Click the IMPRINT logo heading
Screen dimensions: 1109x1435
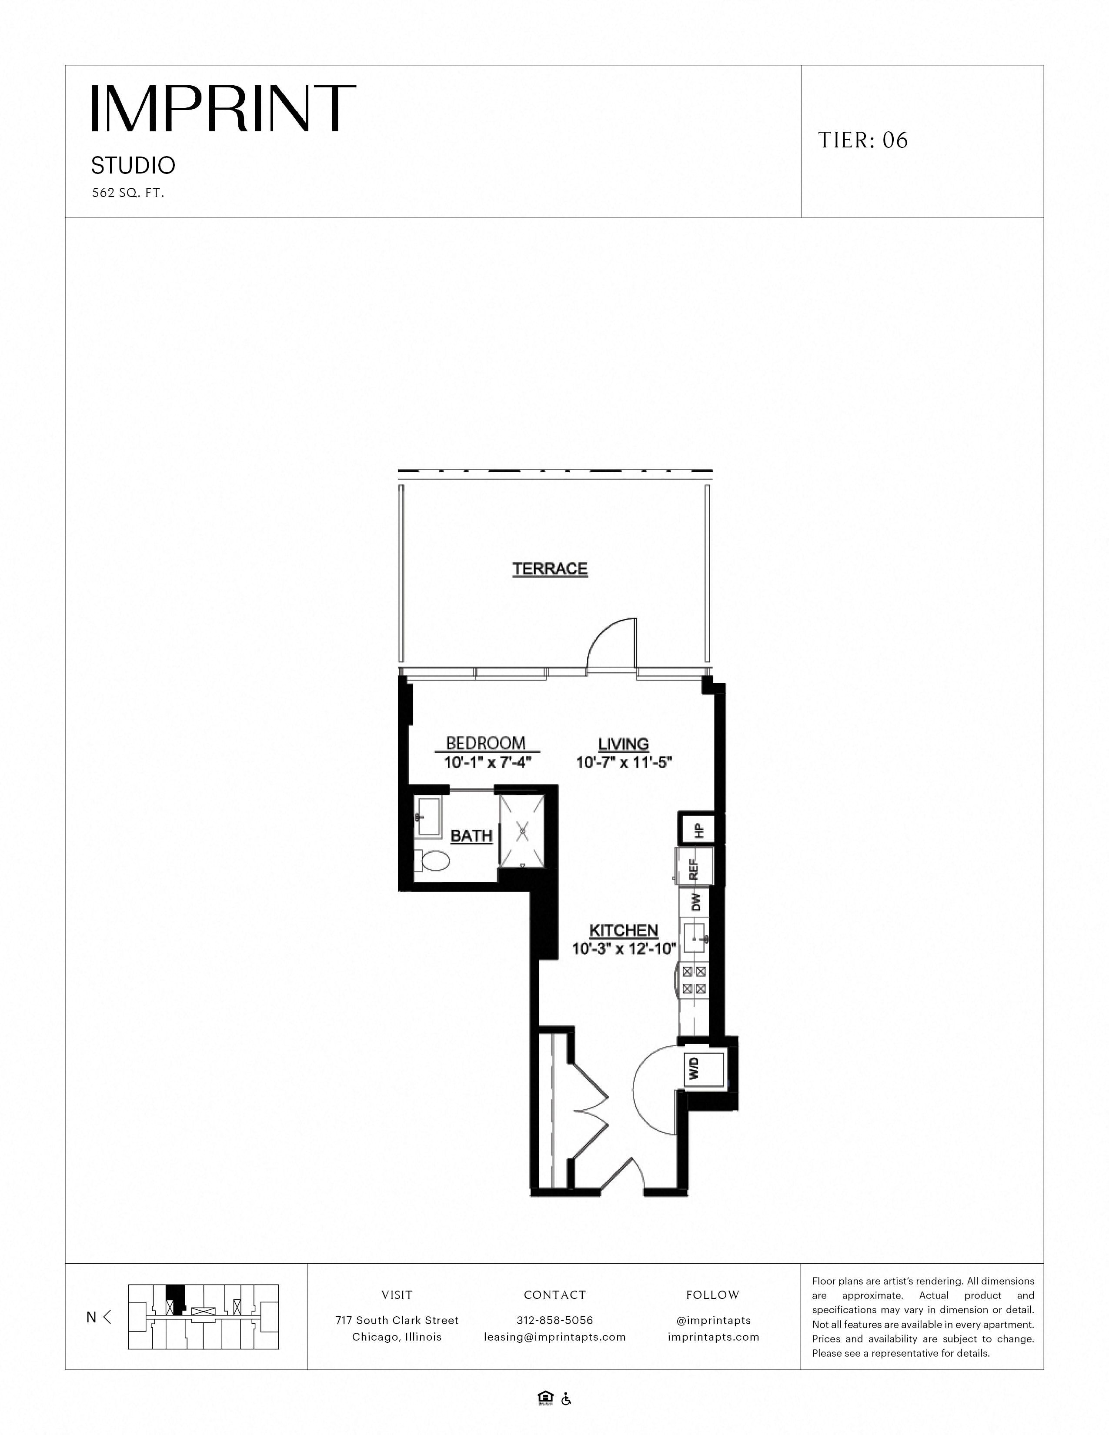[224, 108]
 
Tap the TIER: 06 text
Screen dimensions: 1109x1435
[863, 140]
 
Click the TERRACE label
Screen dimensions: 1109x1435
[550, 569]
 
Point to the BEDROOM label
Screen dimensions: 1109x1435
[486, 743]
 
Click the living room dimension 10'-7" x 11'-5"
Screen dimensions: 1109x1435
[624, 763]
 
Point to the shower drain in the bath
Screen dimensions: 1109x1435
[522, 832]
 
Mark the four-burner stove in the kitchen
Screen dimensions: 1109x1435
[694, 980]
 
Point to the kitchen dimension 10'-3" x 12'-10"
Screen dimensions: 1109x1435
[624, 948]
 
